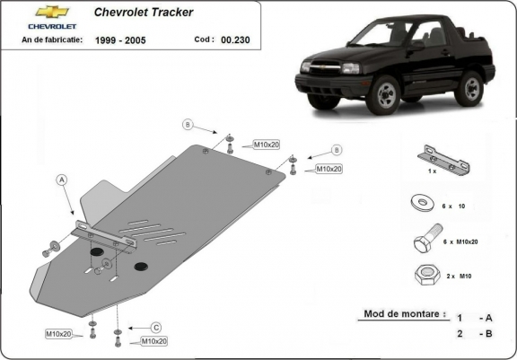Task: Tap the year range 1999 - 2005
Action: (123, 40)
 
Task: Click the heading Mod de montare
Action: (404, 314)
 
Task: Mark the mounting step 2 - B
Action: (474, 334)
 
